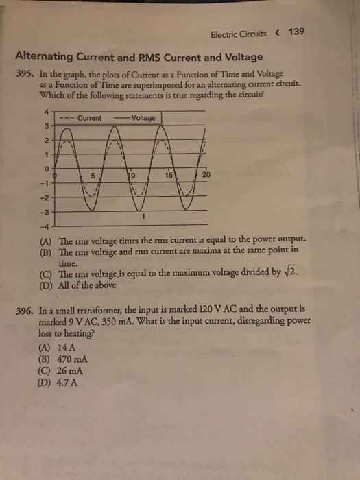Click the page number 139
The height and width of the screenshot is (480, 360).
296,31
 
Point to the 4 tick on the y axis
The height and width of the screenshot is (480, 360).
47,113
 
